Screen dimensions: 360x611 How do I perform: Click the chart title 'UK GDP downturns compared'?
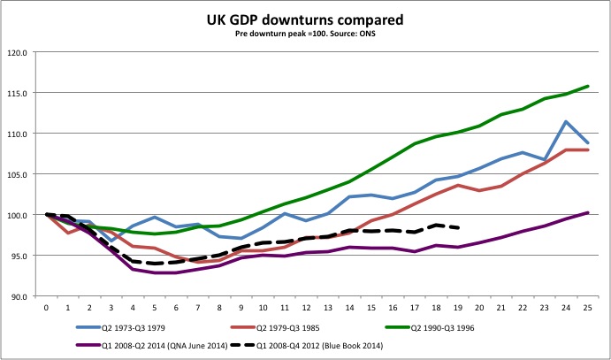305,19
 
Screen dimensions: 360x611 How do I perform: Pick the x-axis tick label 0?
46,309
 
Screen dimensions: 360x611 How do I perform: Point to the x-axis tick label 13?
327,309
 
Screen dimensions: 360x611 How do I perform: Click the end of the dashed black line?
457,227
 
